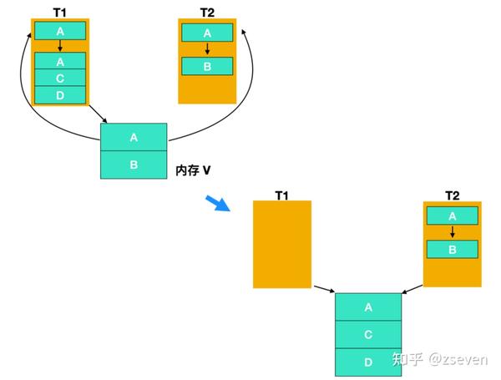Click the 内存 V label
(193, 170)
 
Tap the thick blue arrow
(219, 204)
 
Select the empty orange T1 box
(282, 244)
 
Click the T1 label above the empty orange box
(282, 195)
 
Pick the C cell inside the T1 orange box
(60, 78)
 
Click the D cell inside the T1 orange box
(60, 95)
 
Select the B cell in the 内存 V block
(134, 165)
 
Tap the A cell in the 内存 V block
(134, 137)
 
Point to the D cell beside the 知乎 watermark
(368, 361)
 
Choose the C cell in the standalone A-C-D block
(368, 334)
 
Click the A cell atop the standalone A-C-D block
(368, 307)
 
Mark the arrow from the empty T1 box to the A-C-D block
(324, 289)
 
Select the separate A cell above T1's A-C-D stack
(60, 32)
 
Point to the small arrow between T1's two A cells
(60, 46)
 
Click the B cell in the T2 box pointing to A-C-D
(452, 249)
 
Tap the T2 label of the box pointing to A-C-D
(452, 195)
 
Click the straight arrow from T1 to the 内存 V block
(94, 114)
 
